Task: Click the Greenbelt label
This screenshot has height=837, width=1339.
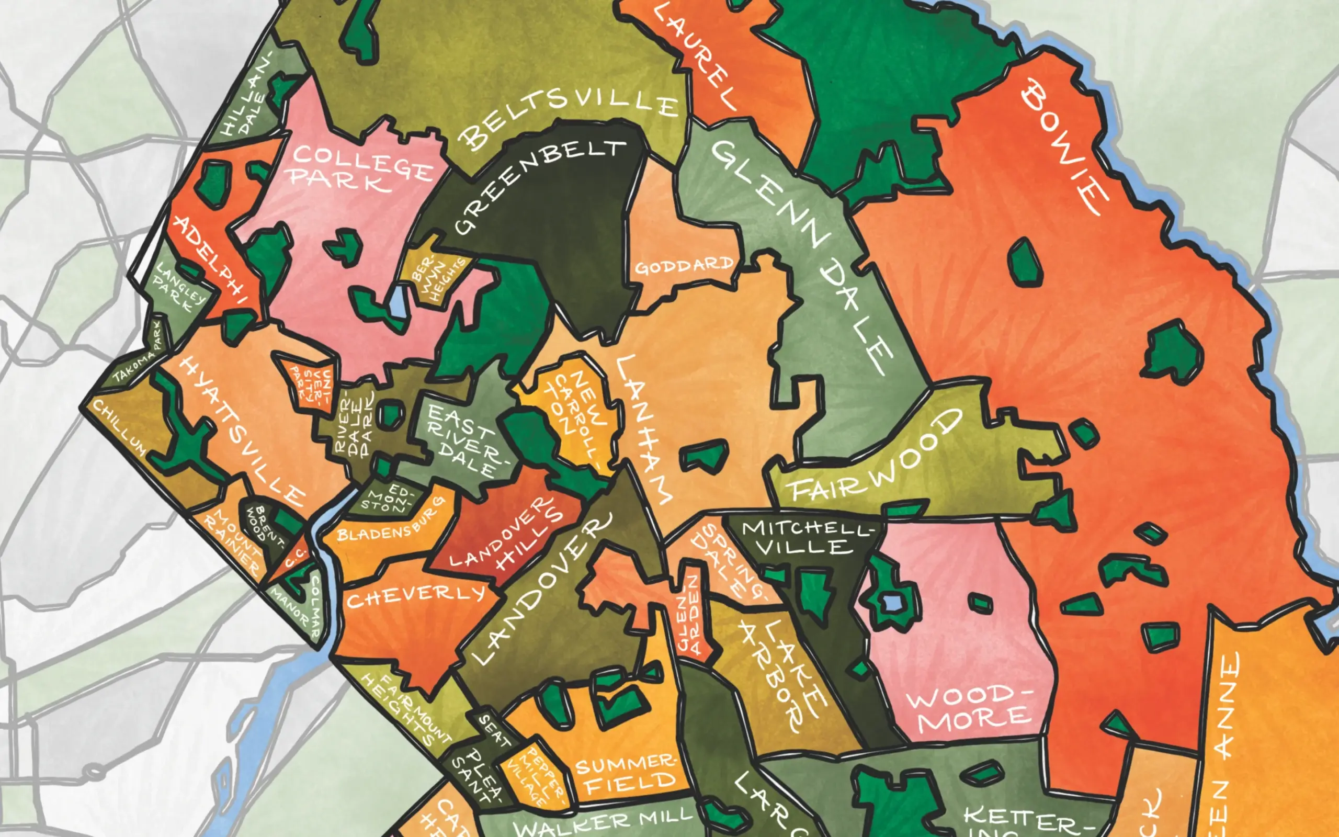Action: (x=539, y=185)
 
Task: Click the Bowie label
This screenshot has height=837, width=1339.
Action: (x=1065, y=146)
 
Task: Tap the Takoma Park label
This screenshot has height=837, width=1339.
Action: (x=137, y=360)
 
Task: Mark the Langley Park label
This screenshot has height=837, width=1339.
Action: (x=179, y=288)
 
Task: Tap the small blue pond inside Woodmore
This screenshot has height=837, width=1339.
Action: (x=891, y=602)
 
